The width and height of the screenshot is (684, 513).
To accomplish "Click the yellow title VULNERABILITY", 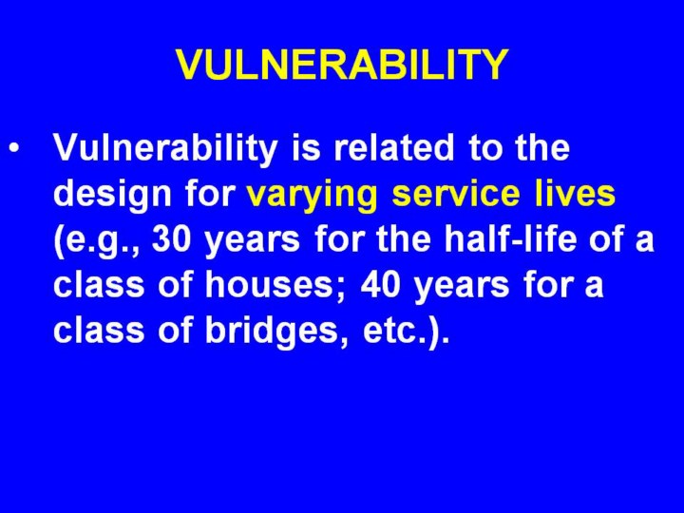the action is pyautogui.click(x=342, y=65).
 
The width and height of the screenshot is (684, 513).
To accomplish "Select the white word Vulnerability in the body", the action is pyautogui.click(x=165, y=149).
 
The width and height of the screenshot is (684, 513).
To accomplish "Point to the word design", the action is pyautogui.click(x=112, y=195).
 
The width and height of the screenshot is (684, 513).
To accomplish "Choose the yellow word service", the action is pyautogui.click(x=456, y=193).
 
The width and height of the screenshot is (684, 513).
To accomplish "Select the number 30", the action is pyautogui.click(x=171, y=239).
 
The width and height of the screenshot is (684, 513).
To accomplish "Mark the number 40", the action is pyautogui.click(x=380, y=284).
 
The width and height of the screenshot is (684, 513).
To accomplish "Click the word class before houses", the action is pyautogui.click(x=99, y=284).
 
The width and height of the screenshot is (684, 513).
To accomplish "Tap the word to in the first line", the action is pyautogui.click(x=484, y=147).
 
